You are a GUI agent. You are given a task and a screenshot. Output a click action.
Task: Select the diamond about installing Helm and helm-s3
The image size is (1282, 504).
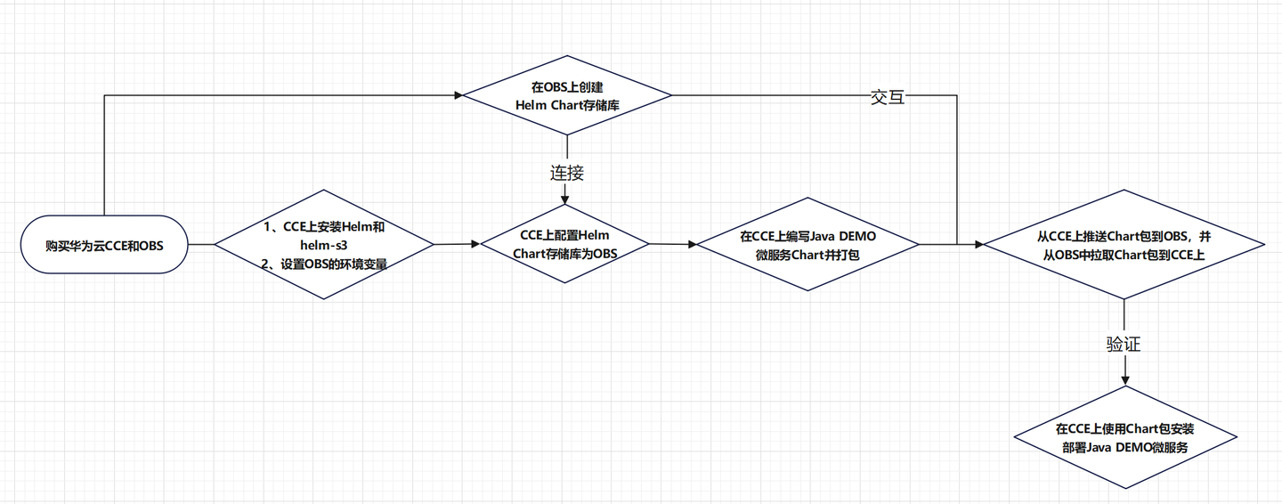(x=324, y=244)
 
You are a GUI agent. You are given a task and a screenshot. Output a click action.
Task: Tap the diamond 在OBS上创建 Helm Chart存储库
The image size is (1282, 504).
(x=566, y=95)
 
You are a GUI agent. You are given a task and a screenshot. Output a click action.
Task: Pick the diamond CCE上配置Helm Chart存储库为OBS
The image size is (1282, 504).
(x=566, y=243)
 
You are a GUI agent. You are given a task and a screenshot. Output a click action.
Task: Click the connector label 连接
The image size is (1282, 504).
(x=567, y=172)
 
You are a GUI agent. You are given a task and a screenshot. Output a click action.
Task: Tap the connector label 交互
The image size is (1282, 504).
(x=888, y=97)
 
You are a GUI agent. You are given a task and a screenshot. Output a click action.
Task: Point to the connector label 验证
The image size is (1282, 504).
(x=1124, y=344)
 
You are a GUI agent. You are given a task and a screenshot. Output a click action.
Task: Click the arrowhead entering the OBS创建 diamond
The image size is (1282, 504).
(x=457, y=94)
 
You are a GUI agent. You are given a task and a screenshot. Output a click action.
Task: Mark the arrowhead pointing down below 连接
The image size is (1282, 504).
(x=566, y=199)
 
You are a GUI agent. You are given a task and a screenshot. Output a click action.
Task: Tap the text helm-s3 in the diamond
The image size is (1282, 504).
(x=324, y=244)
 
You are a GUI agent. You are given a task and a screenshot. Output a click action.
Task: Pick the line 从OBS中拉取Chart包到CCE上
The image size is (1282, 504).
(x=1124, y=256)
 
